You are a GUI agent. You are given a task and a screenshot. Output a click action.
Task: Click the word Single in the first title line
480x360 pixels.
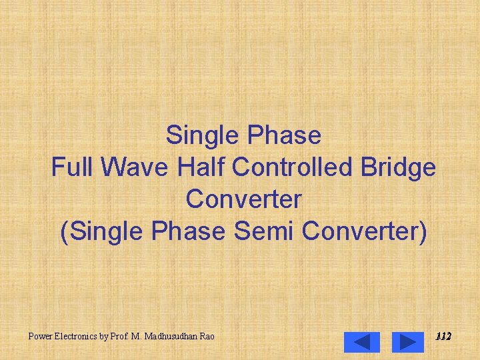click(203, 135)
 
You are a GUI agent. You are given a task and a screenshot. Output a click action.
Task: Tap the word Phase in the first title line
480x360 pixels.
click(284, 135)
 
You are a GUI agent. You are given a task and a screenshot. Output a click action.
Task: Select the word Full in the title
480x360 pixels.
click(71, 167)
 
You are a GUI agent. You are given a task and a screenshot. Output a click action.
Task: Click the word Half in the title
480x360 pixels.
click(201, 167)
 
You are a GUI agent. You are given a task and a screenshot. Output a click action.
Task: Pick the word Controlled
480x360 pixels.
click(297, 167)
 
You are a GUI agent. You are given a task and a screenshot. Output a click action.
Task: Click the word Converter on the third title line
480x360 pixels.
click(244, 199)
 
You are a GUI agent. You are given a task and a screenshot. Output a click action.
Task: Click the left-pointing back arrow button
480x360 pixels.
click(361, 342)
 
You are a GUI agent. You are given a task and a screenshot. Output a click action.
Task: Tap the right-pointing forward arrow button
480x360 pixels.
click(407, 342)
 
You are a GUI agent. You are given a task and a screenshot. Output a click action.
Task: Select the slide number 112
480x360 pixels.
click(443, 337)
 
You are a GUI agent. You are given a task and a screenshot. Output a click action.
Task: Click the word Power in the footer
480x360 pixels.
click(41, 337)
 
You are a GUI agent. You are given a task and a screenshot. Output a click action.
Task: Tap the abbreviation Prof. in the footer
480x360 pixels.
click(121, 337)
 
